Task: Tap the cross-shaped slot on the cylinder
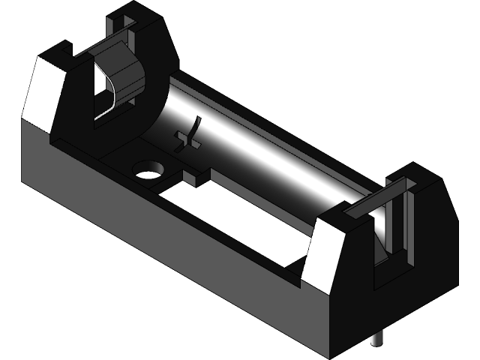[189, 136]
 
